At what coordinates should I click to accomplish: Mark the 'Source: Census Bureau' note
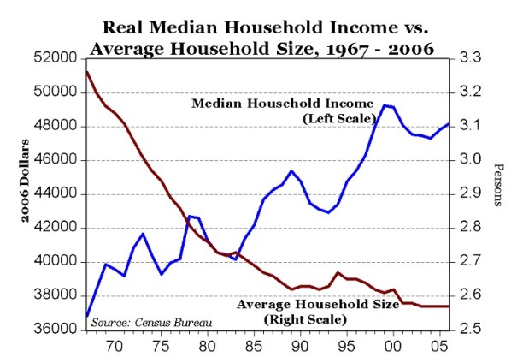tap(141, 322)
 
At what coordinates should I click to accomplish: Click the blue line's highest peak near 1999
tap(385, 105)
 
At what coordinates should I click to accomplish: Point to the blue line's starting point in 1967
tap(87, 316)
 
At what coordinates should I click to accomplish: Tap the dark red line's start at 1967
tap(87, 72)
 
